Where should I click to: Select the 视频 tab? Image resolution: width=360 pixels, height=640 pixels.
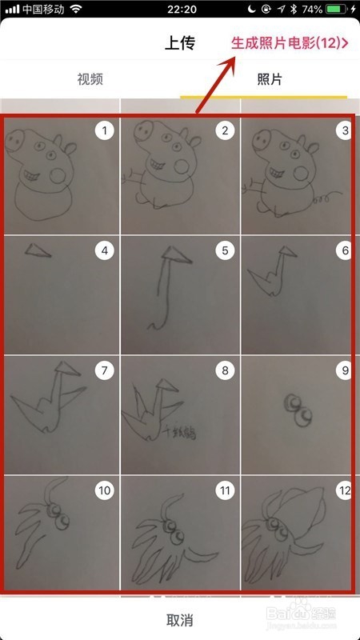[x=90, y=79]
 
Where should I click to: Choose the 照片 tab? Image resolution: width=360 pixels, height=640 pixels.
[x=269, y=79]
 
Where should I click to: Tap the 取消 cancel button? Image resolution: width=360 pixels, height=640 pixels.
[x=179, y=619]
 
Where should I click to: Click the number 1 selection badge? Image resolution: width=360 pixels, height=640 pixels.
[x=105, y=130]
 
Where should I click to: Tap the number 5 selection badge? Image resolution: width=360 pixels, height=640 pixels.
[x=225, y=250]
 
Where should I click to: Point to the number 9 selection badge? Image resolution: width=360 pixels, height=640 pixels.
[x=345, y=370]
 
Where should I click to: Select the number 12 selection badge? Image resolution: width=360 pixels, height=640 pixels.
[x=345, y=490]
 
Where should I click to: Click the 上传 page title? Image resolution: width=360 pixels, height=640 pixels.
[x=179, y=43]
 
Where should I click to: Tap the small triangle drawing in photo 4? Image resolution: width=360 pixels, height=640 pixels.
[x=34, y=252]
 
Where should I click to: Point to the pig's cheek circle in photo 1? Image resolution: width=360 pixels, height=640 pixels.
[x=58, y=174]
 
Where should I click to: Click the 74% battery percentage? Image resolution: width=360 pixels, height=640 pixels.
[x=313, y=10]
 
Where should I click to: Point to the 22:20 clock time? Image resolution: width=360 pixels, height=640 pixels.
[x=179, y=10]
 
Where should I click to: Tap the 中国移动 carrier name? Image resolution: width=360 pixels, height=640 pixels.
[x=43, y=10]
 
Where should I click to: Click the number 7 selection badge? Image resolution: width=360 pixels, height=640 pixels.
[x=105, y=370]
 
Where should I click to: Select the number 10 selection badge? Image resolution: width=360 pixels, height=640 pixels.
[x=105, y=490]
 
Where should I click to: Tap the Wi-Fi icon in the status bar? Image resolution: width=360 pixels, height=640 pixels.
[x=77, y=10]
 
